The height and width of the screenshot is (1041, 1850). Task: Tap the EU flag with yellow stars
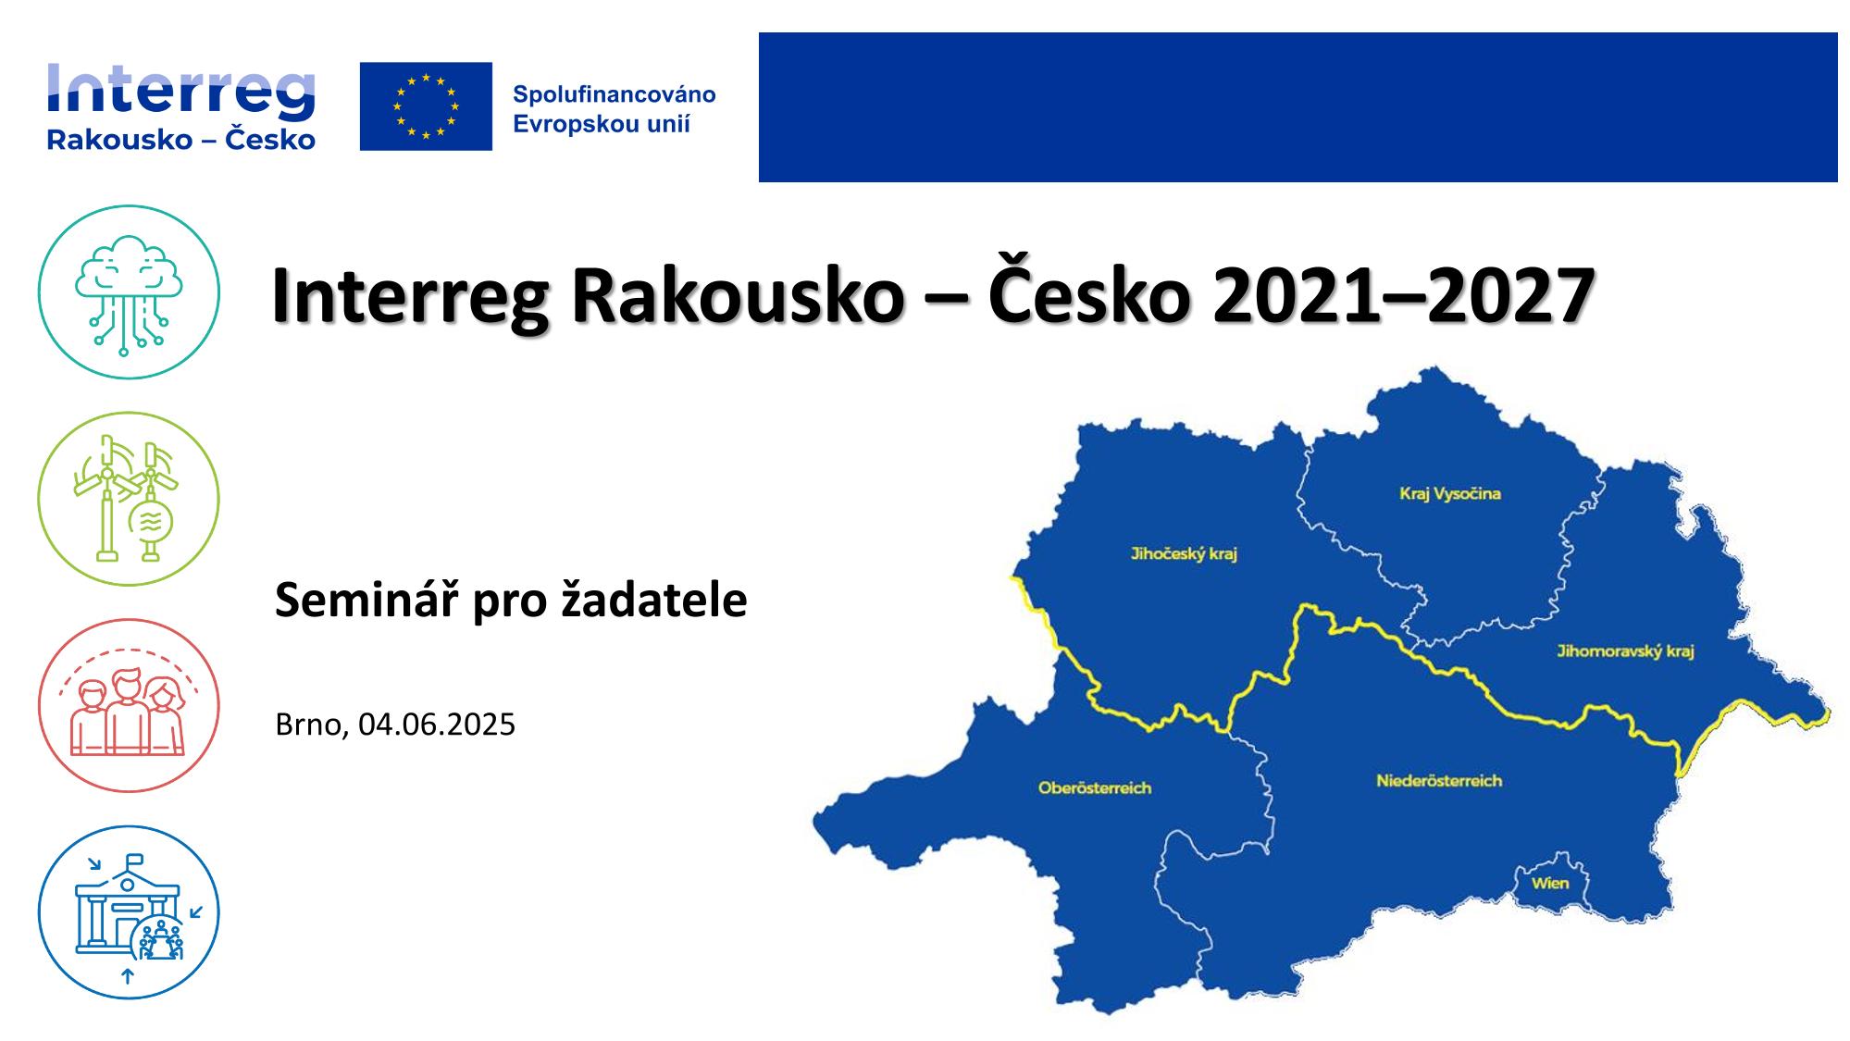(426, 106)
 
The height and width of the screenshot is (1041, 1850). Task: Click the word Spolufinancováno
(615, 94)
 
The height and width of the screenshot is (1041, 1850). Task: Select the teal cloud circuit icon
(129, 292)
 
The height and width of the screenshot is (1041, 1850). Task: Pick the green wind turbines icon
(129, 499)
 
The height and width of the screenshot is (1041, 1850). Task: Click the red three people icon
(129, 705)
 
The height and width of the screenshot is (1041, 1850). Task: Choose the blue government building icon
(129, 912)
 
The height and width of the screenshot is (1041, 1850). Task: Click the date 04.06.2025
(437, 725)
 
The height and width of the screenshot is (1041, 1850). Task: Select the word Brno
(308, 725)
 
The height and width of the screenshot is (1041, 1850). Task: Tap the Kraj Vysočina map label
(1449, 493)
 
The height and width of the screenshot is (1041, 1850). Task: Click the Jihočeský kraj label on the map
(1184, 554)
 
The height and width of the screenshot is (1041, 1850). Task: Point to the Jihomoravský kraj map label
(1625, 651)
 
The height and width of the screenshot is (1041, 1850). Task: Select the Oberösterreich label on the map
(1095, 788)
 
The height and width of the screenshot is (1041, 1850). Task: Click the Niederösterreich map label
(1438, 781)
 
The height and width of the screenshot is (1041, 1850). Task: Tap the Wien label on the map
(1549, 883)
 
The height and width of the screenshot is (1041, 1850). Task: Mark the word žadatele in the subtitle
(654, 601)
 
